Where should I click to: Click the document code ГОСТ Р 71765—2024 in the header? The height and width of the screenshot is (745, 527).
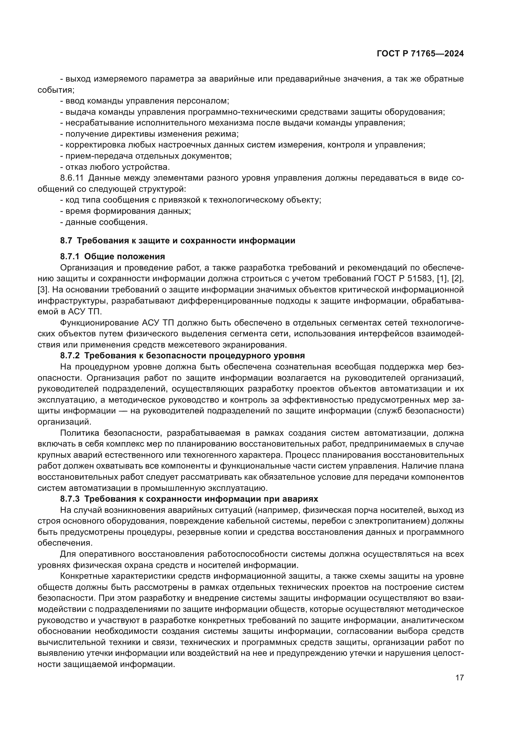pos(420,54)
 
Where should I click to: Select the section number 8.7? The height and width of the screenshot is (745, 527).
pos(66,241)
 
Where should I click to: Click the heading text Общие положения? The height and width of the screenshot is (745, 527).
pos(125,257)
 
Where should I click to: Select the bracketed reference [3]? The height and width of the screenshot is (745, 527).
pos(42,290)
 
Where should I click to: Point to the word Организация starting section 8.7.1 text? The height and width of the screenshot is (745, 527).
pos(85,268)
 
